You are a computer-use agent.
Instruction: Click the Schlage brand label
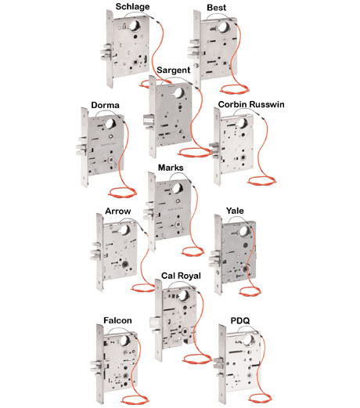(132, 6)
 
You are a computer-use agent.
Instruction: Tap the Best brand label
(217, 8)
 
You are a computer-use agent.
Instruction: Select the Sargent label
(174, 70)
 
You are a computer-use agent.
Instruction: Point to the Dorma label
(105, 105)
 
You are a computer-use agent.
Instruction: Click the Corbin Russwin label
(251, 104)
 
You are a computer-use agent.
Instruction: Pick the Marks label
(171, 168)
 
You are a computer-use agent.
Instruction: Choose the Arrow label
(118, 211)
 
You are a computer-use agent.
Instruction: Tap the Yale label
(235, 211)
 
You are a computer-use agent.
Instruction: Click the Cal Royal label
(181, 276)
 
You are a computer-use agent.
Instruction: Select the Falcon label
(117, 320)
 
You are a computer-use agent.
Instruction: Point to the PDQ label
(240, 320)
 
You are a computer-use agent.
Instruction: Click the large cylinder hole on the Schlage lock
(135, 25)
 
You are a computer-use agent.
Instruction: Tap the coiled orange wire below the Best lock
(235, 89)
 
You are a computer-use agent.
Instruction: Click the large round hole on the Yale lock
(244, 231)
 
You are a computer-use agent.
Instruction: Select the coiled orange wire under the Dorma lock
(122, 193)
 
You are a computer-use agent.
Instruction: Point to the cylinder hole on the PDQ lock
(249, 340)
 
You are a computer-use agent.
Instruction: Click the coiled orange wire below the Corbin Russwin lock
(261, 181)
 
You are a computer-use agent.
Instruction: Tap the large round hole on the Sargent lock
(178, 93)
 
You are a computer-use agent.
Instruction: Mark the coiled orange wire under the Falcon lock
(135, 399)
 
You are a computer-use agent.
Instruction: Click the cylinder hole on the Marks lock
(177, 188)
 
